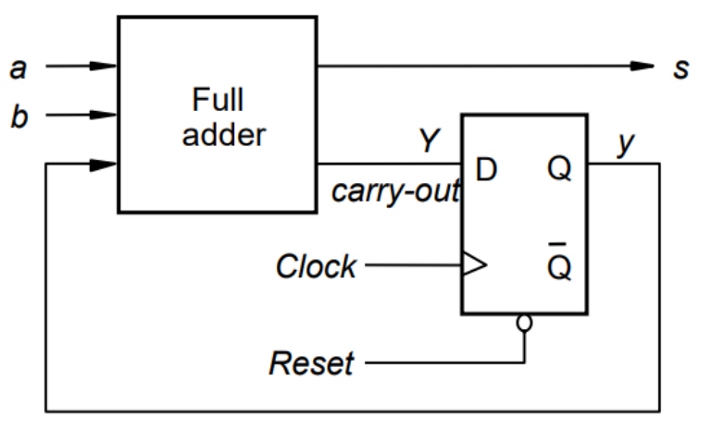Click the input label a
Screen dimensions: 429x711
pyautogui.click(x=17, y=67)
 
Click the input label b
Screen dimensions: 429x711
pyautogui.click(x=19, y=118)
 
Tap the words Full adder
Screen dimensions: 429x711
pyautogui.click(x=223, y=116)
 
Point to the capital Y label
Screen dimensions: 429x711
pyautogui.click(x=428, y=141)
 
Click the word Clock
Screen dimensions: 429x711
pyautogui.click(x=315, y=267)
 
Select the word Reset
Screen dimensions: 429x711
pyautogui.click(x=311, y=363)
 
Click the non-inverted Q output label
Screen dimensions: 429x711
pyautogui.click(x=558, y=169)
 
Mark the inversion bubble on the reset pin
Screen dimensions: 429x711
pyautogui.click(x=524, y=324)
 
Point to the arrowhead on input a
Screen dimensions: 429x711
pyautogui.click(x=105, y=67)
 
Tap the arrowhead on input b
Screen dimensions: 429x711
pyautogui.click(x=105, y=116)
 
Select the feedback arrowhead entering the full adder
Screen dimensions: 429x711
pyautogui.click(x=105, y=165)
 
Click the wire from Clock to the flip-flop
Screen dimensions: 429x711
pyautogui.click(x=412, y=266)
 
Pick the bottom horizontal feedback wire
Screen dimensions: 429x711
pyautogui.click(x=352, y=408)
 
